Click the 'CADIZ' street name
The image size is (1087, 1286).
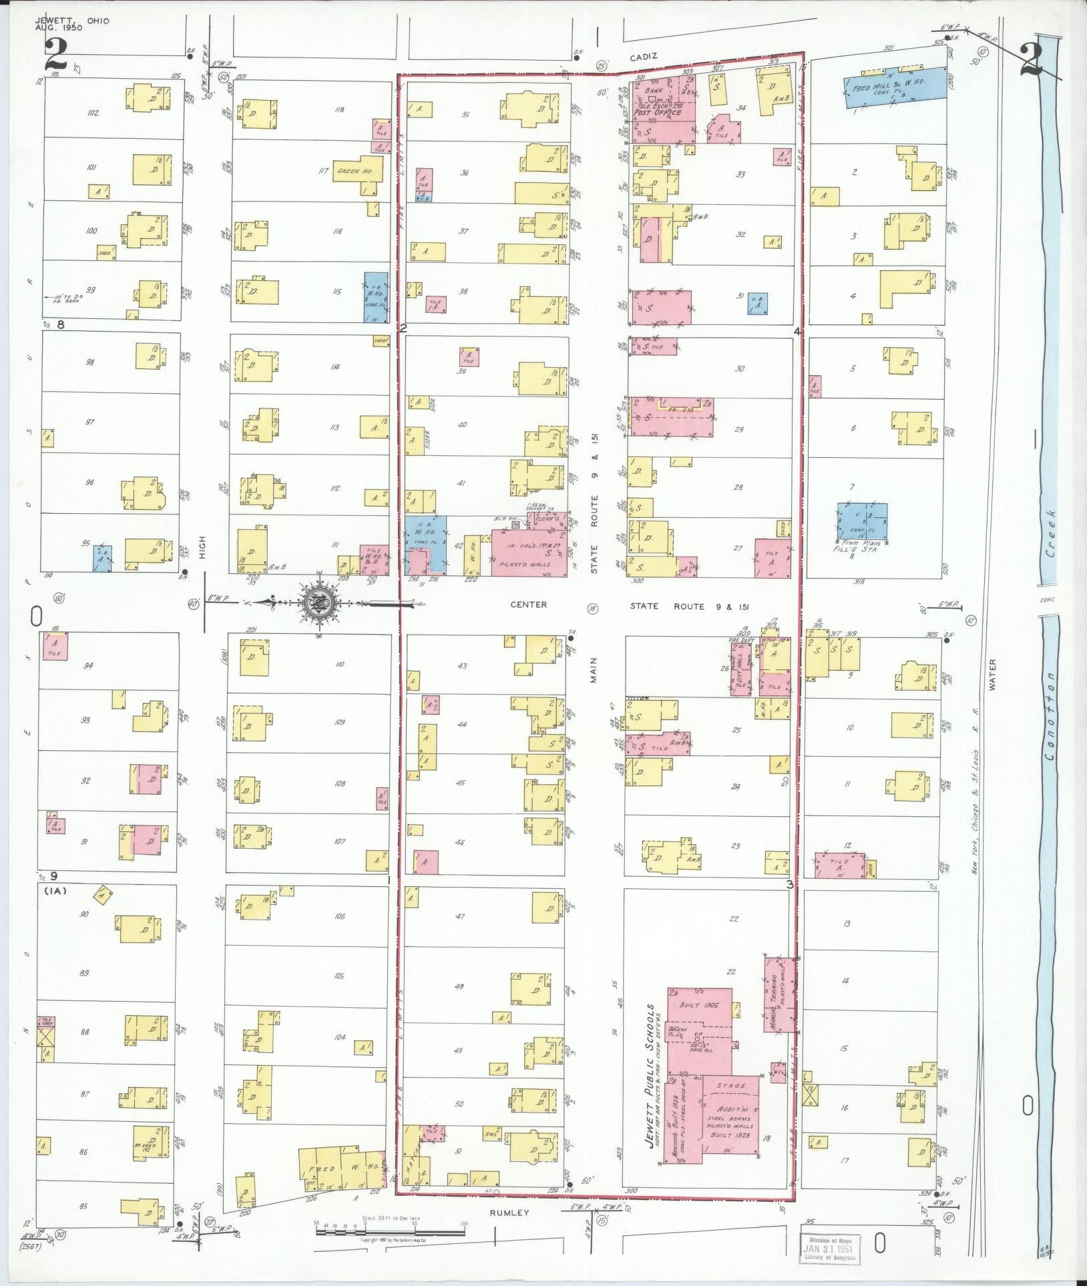(646, 57)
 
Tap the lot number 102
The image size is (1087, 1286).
(93, 113)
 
